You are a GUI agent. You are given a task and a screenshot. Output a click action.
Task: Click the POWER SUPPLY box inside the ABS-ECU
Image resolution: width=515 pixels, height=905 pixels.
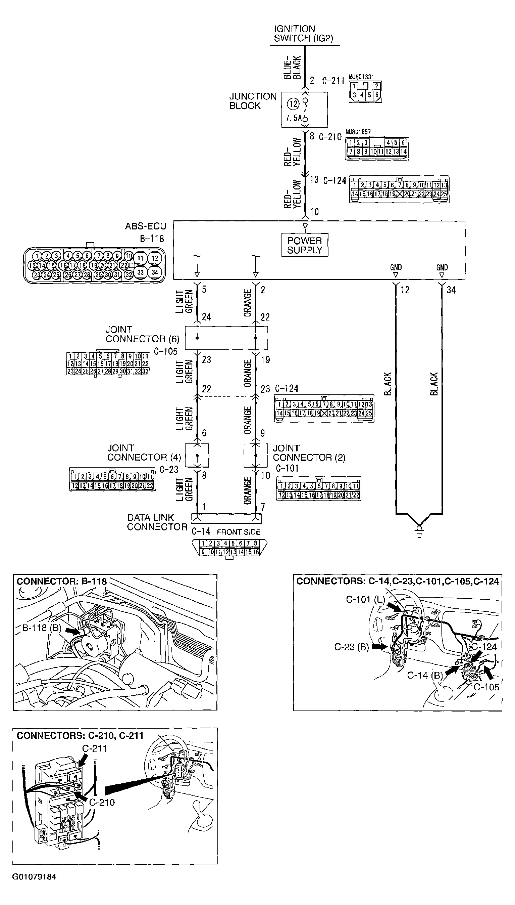tap(305, 245)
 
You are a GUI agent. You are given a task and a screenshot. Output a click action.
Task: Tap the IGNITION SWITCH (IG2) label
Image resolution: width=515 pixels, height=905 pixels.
tap(303, 34)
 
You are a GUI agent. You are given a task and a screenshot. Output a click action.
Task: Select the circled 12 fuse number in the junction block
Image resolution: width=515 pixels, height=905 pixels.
tap(293, 104)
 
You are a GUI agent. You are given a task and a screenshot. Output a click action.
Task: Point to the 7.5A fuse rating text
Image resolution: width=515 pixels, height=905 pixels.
tap(294, 118)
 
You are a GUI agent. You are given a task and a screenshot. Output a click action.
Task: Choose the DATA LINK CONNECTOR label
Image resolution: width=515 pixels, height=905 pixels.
tap(157, 522)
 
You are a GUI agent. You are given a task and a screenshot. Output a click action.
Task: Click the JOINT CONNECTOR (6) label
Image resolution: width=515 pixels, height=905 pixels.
tap(142, 334)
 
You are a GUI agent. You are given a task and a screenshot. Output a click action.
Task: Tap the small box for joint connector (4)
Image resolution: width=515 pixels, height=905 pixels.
tap(197, 455)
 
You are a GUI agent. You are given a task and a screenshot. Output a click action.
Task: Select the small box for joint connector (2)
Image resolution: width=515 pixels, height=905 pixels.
tap(256, 455)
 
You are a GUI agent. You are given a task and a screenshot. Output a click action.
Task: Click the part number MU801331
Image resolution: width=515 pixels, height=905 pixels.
tap(361, 77)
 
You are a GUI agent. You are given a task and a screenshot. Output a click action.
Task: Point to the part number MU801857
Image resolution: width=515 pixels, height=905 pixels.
tap(358, 132)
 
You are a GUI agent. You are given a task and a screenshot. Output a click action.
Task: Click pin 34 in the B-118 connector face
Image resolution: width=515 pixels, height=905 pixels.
tap(155, 272)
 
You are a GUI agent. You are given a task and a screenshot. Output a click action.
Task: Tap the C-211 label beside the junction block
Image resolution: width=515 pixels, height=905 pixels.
tap(333, 81)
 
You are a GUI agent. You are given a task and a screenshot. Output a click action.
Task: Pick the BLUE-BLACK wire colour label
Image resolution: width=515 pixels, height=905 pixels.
tap(292, 67)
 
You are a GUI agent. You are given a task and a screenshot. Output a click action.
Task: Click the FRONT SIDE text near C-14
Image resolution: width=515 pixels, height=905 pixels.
tap(239, 532)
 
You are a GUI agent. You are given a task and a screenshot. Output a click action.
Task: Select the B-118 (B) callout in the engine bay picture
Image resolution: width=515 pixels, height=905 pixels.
tap(42, 628)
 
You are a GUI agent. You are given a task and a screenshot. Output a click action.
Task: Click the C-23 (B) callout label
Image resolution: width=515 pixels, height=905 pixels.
tap(352, 647)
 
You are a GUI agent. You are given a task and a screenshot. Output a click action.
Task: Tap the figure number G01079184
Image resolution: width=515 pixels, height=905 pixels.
tap(34, 877)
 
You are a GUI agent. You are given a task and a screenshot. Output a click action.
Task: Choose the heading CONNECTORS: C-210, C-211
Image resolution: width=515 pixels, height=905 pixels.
tap(80, 736)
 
